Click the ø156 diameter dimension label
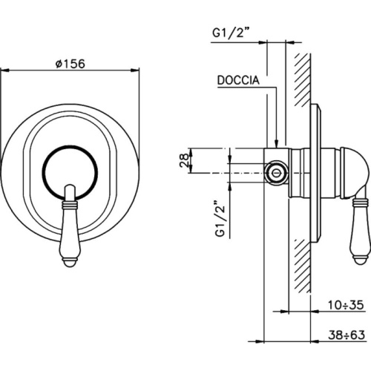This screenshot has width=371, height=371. pos(70,64)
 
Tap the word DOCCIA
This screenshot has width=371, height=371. pos(238,80)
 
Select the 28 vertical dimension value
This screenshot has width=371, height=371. pos(184,160)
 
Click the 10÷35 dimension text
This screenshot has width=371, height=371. pos(346,305)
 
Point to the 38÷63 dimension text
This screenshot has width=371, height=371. pos(347,335)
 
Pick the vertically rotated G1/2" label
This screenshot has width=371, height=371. pos(220,217)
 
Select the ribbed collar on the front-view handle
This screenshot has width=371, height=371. pos(70,204)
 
